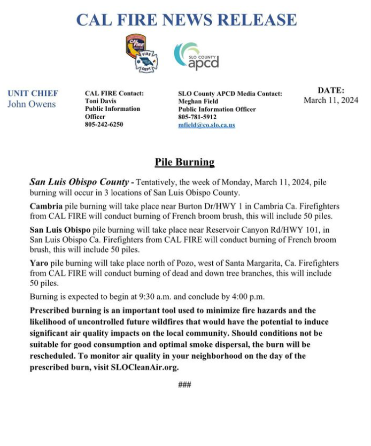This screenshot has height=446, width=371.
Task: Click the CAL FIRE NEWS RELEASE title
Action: click(186, 20)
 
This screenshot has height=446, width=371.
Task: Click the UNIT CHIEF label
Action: click(33, 93)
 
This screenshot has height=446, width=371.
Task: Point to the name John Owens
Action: click(32, 104)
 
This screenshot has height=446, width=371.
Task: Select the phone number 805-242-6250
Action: click(104, 124)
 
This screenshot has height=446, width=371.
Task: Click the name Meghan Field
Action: click(199, 101)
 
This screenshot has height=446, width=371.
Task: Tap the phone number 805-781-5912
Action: click(197, 117)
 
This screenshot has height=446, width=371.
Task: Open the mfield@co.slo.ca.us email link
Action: click(206, 125)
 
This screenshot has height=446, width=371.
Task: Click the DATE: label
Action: click(331, 90)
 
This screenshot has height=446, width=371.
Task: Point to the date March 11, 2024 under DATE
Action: click(331, 101)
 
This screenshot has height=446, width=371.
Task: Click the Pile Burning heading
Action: click(184, 162)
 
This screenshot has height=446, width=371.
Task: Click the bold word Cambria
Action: click(46, 206)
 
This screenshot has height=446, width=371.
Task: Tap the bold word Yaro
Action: click(40, 264)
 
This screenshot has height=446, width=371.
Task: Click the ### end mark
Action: click(184, 385)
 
